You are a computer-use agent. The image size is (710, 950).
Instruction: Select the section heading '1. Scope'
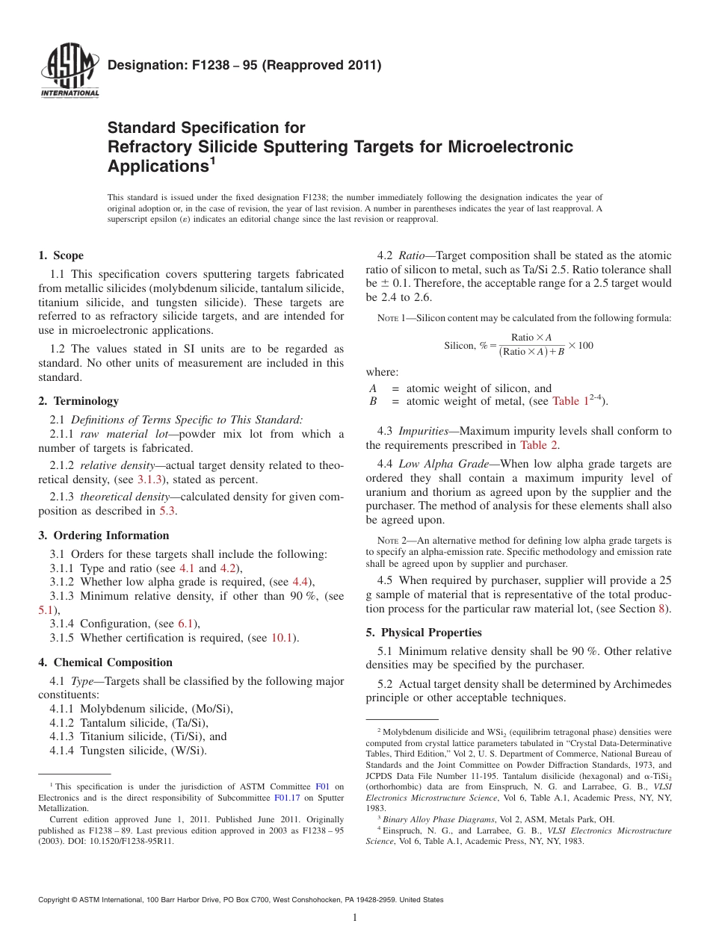[x=61, y=255]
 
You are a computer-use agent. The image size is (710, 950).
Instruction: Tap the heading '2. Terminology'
[x=78, y=401]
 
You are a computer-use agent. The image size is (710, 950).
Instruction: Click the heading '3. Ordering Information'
[x=104, y=535]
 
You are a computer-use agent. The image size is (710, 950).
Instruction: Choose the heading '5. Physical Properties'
[x=424, y=633]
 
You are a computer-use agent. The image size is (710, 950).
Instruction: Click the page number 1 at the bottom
[x=355, y=919]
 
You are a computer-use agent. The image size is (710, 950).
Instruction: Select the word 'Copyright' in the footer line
[x=56, y=900]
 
